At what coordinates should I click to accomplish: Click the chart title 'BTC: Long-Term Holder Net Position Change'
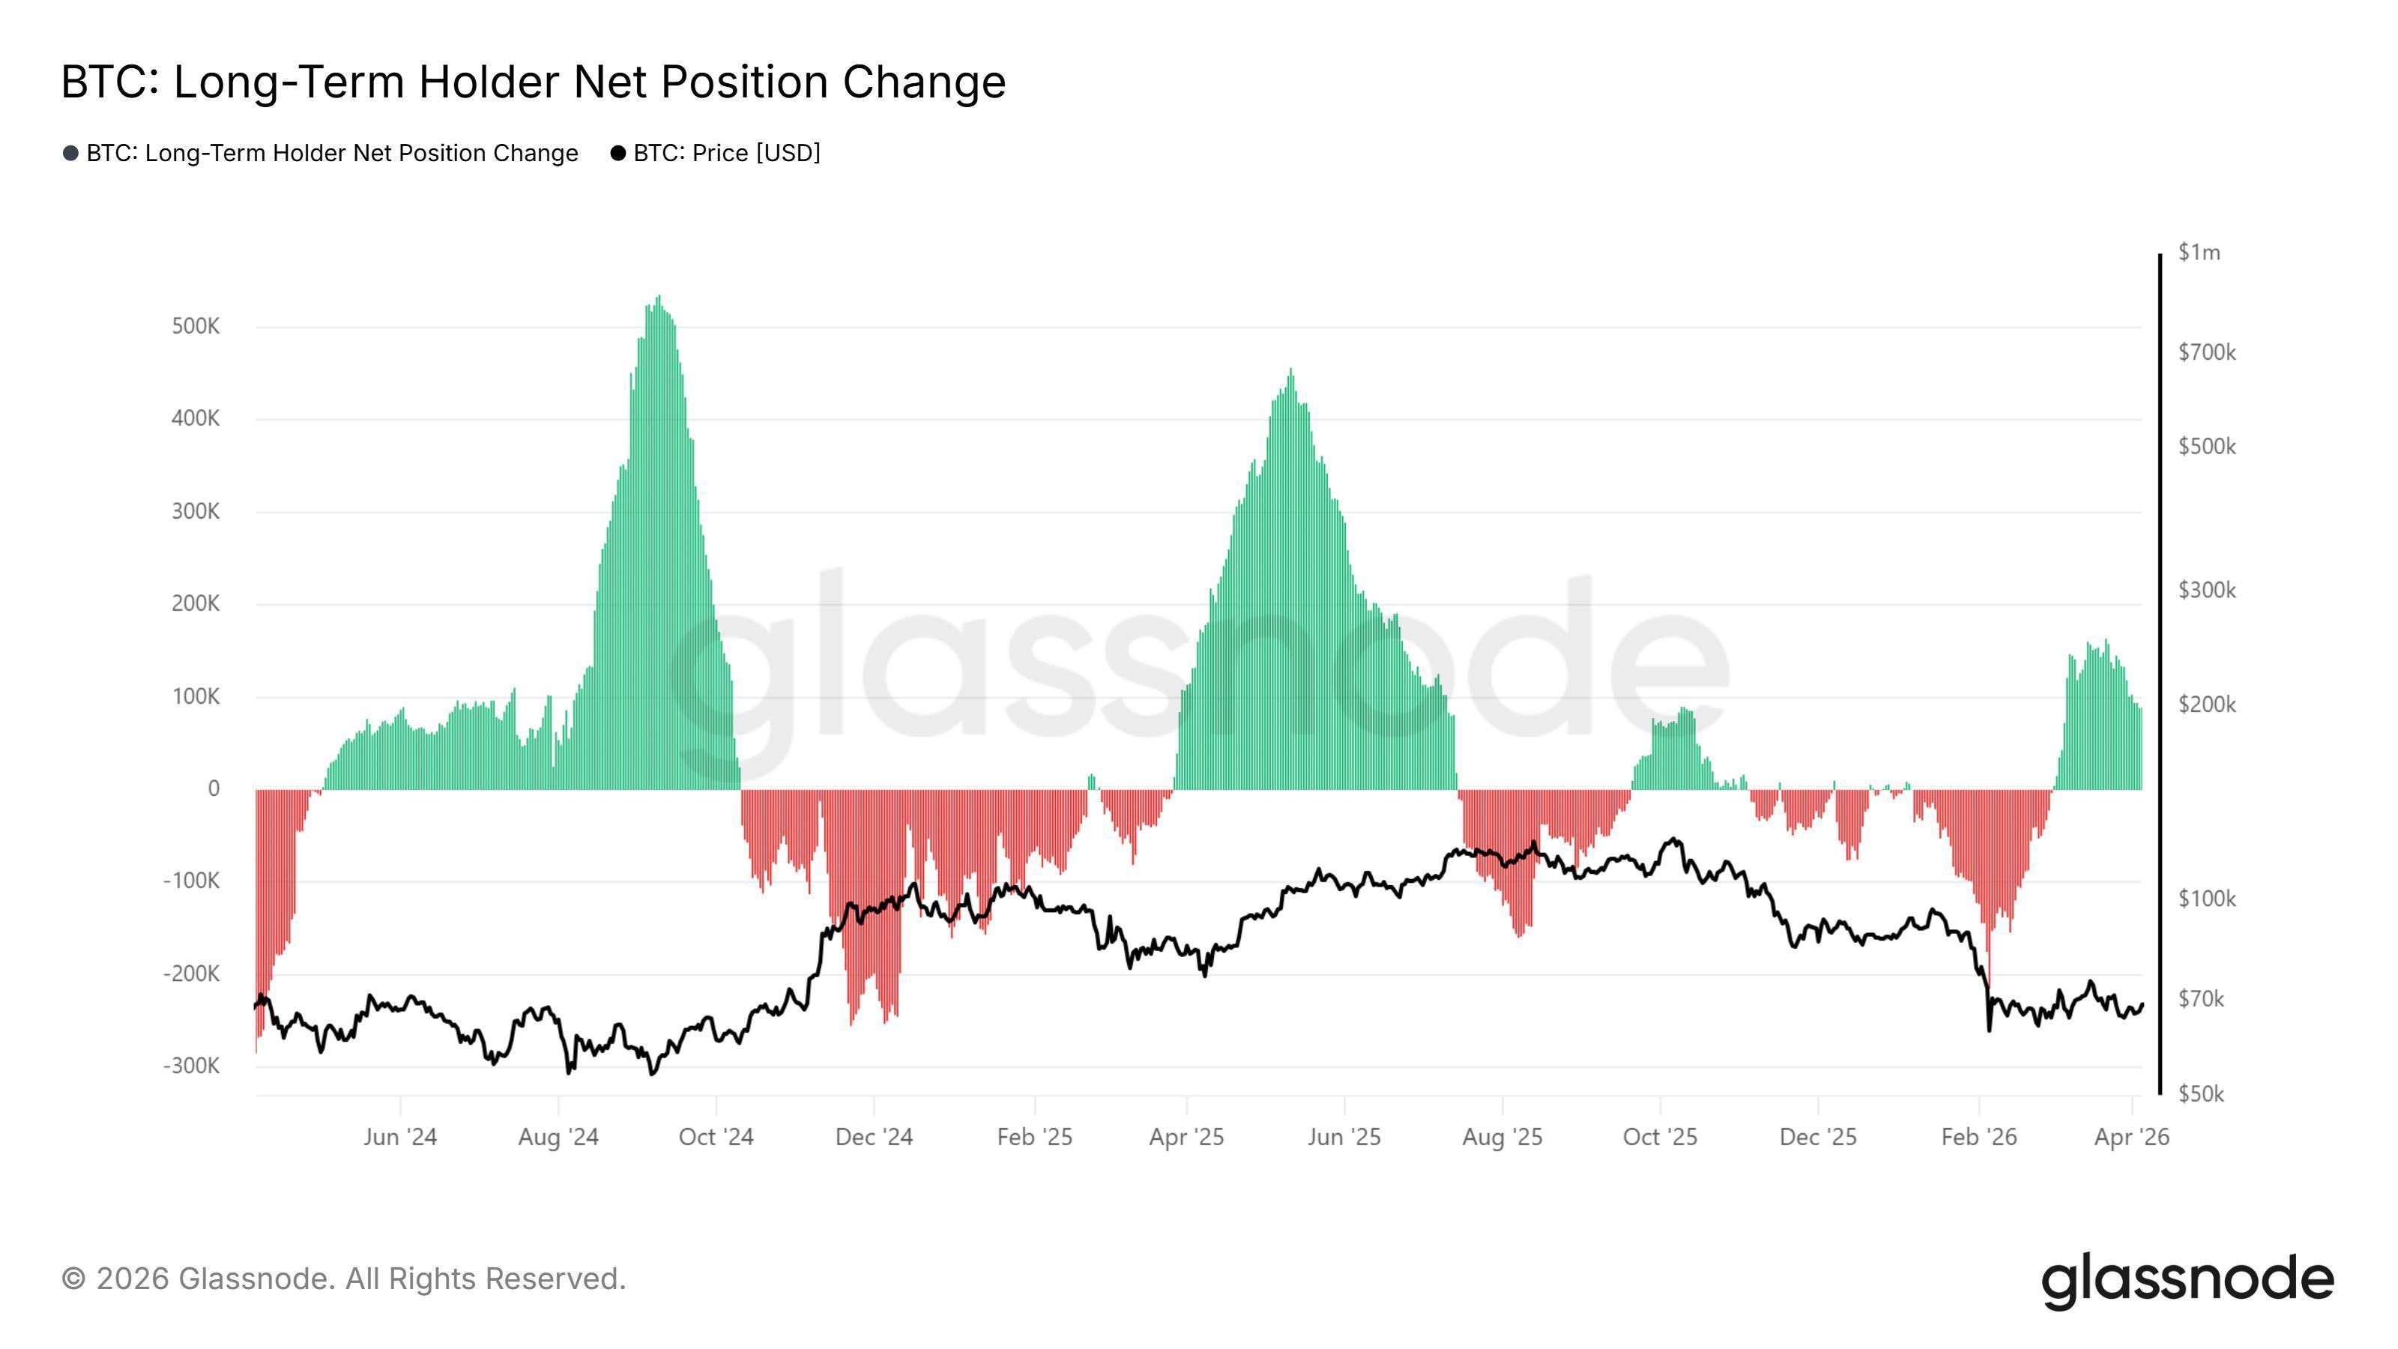533,82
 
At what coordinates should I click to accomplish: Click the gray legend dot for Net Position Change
70,153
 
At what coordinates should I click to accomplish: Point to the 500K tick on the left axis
196,326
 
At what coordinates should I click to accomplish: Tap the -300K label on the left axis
192,1065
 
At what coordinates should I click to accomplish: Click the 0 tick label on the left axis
213,788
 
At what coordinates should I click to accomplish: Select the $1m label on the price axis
2199,253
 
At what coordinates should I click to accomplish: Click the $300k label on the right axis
2206,589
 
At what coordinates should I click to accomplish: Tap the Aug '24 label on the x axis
558,1137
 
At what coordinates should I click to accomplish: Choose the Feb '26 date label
1978,1137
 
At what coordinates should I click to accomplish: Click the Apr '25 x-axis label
1186,1137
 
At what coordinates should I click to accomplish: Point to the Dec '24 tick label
874,1137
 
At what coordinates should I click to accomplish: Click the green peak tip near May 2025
1290,369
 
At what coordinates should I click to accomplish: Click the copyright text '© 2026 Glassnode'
343,1279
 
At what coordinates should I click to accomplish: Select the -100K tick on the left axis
192,880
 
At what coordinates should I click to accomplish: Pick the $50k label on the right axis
2201,1094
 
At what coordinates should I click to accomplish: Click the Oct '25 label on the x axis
1660,1137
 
